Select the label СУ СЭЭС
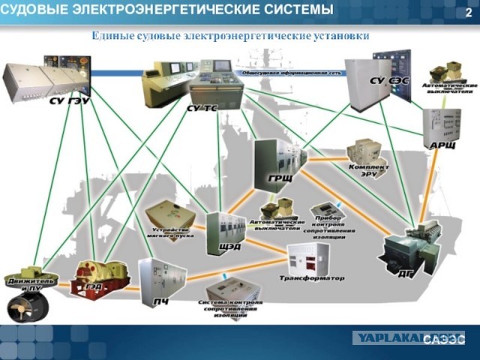[388, 79]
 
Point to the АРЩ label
[442, 144]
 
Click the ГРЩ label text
[280, 181]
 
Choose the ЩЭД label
[228, 246]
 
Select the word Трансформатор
[312, 277]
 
